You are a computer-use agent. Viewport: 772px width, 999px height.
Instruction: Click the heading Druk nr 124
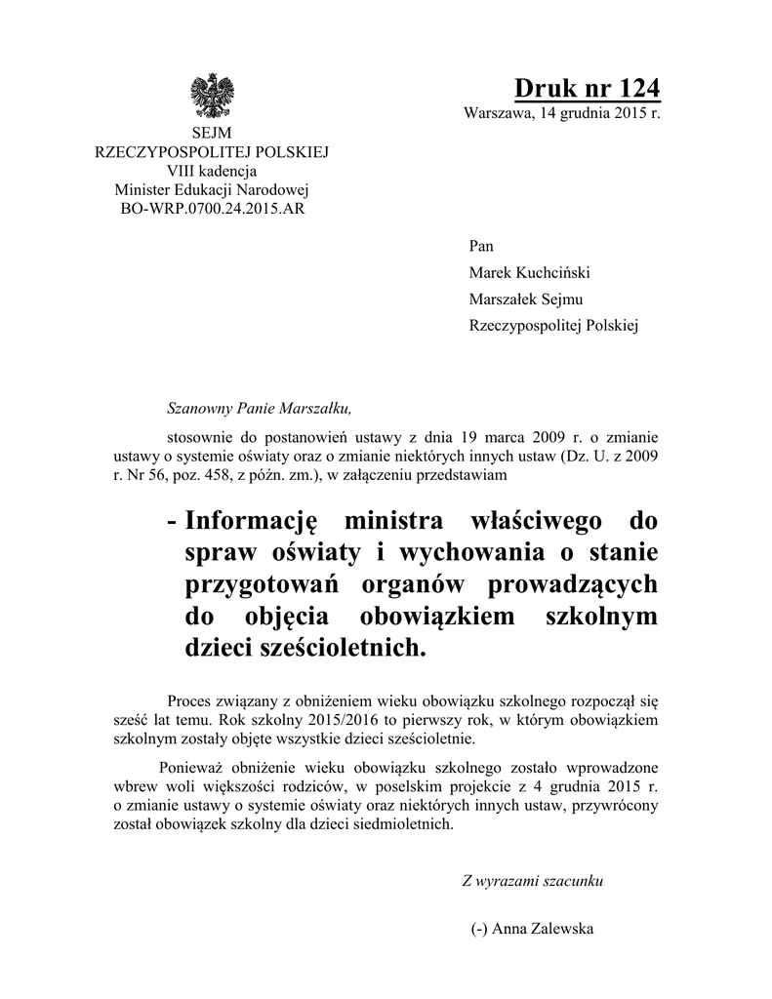tap(588, 88)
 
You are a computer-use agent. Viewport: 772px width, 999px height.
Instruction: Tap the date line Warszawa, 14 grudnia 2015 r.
tap(561, 114)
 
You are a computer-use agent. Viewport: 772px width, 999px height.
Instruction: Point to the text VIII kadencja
tap(210, 172)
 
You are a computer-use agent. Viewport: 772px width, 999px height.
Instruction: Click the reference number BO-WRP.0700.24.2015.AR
tap(210, 208)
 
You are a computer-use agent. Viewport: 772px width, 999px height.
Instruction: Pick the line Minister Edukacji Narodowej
tap(210, 189)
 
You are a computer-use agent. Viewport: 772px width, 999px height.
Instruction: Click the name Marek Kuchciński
tap(530, 273)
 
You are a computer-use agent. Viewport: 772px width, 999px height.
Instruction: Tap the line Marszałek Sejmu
tap(526, 300)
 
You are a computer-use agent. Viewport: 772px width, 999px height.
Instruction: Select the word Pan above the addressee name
tap(482, 247)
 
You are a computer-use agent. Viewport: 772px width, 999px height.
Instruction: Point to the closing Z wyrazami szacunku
tap(532, 881)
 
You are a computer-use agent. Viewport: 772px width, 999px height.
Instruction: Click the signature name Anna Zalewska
tap(544, 929)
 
